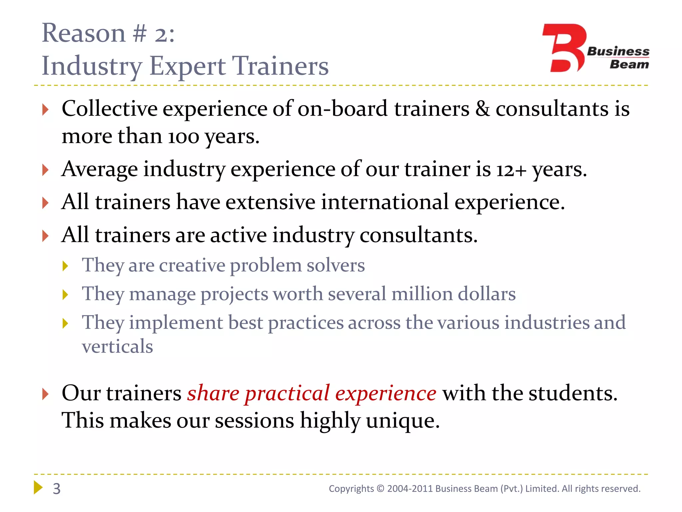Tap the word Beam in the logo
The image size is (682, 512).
click(x=629, y=64)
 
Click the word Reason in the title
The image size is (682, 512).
click(x=83, y=33)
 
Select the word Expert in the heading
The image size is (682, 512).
click(x=187, y=66)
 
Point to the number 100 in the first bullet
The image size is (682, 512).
click(x=183, y=137)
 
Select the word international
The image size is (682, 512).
click(x=385, y=202)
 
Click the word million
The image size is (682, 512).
click(x=422, y=294)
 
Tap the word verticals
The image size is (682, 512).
click(x=117, y=346)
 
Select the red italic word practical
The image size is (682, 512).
click(x=287, y=393)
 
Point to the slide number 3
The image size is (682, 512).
click(x=57, y=489)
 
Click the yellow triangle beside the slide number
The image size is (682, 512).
click(x=38, y=488)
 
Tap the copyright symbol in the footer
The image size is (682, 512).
click(x=380, y=489)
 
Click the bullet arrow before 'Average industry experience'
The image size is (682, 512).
click(x=46, y=170)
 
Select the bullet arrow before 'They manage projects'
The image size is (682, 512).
click(x=65, y=295)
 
